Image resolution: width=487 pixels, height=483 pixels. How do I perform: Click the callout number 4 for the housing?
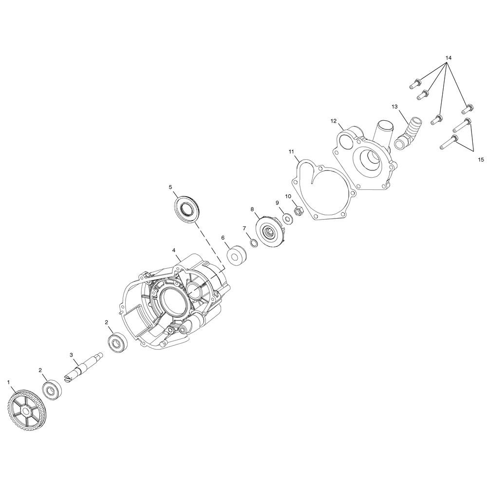174,250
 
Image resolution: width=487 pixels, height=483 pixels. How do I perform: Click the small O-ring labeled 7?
253,243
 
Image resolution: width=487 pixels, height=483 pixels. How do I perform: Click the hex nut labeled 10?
298,211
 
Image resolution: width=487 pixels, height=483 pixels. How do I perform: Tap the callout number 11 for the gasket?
291,151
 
